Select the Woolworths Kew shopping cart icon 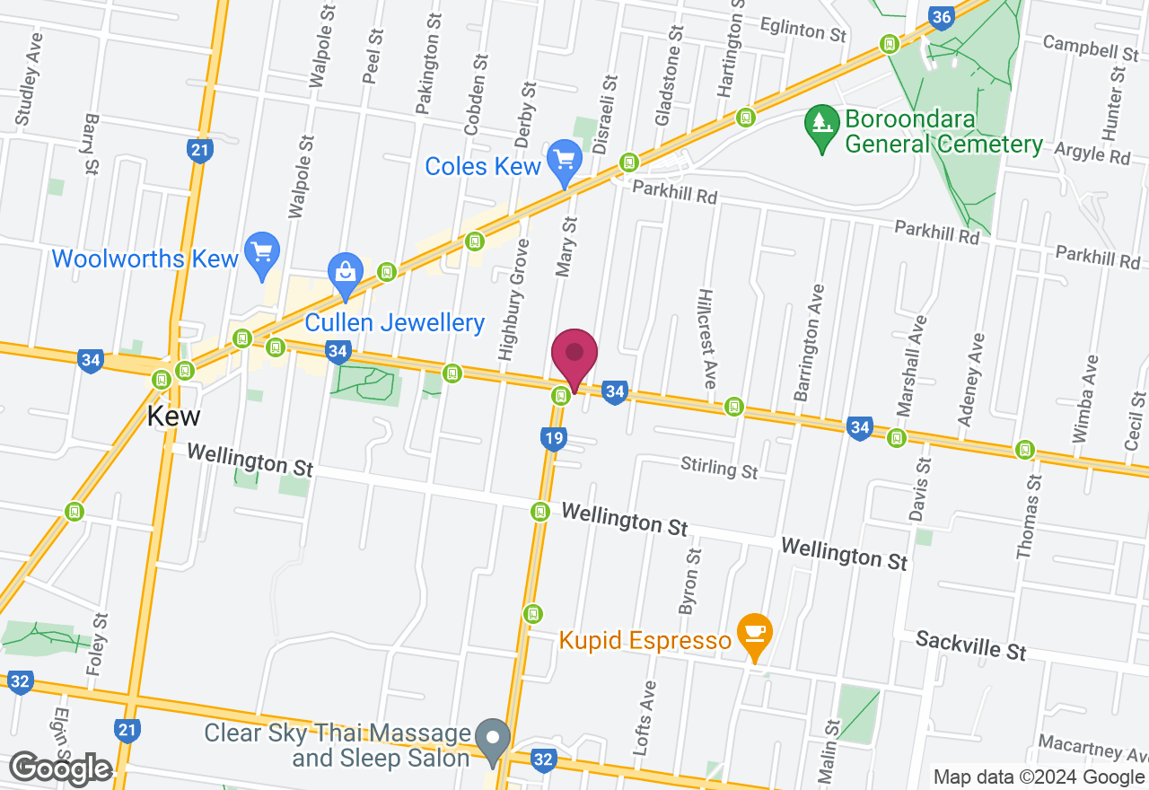click(262, 253)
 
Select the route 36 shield click(941, 18)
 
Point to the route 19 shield click(553, 438)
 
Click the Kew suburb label click(174, 417)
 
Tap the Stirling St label click(719, 468)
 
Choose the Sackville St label click(971, 645)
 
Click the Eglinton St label click(803, 30)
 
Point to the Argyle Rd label click(1092, 152)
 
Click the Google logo click(61, 768)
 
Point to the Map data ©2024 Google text click(1039, 777)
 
